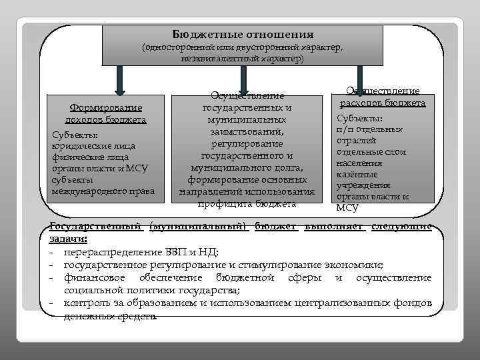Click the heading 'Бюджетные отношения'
(243, 34)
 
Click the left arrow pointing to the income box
(121, 79)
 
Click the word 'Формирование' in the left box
(106, 108)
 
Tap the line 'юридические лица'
(93, 145)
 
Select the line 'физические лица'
(90, 157)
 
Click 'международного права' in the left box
(103, 191)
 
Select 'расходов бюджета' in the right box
(383, 103)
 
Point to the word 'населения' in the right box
(359, 163)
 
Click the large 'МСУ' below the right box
(347, 207)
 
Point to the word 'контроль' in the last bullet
(84, 303)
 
